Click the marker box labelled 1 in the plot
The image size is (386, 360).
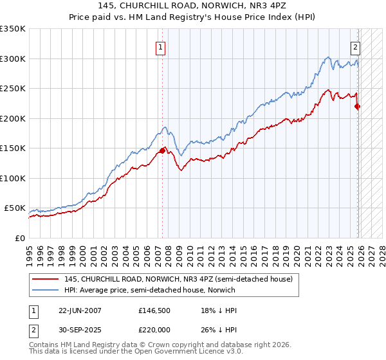point(159,46)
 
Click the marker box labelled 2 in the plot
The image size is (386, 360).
point(355,46)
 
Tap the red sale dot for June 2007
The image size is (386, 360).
point(162,150)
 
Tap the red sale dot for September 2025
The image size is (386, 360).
point(358,107)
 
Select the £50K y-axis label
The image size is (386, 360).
point(15,208)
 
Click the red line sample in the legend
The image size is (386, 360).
point(46,279)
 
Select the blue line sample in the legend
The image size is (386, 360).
point(46,290)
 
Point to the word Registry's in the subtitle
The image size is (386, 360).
point(205,17)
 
